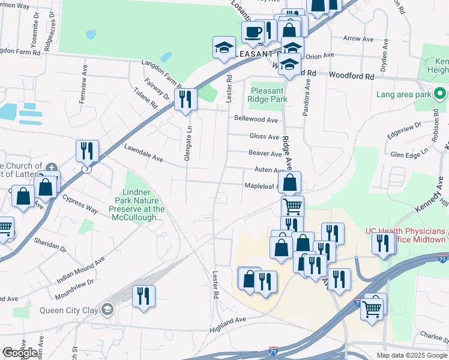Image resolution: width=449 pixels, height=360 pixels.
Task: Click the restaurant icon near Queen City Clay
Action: [143, 296]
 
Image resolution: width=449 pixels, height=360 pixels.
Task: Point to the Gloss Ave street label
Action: [264, 136]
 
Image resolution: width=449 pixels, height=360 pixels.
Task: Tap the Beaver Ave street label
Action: [265, 154]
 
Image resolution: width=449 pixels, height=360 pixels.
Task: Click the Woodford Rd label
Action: [351, 76]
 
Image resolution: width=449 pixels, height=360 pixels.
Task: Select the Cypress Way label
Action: [79, 205]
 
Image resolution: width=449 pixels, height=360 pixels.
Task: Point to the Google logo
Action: [19, 353]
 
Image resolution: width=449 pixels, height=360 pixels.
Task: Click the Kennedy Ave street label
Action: [431, 202]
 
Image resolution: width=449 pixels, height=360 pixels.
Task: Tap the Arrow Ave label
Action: [358, 38]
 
